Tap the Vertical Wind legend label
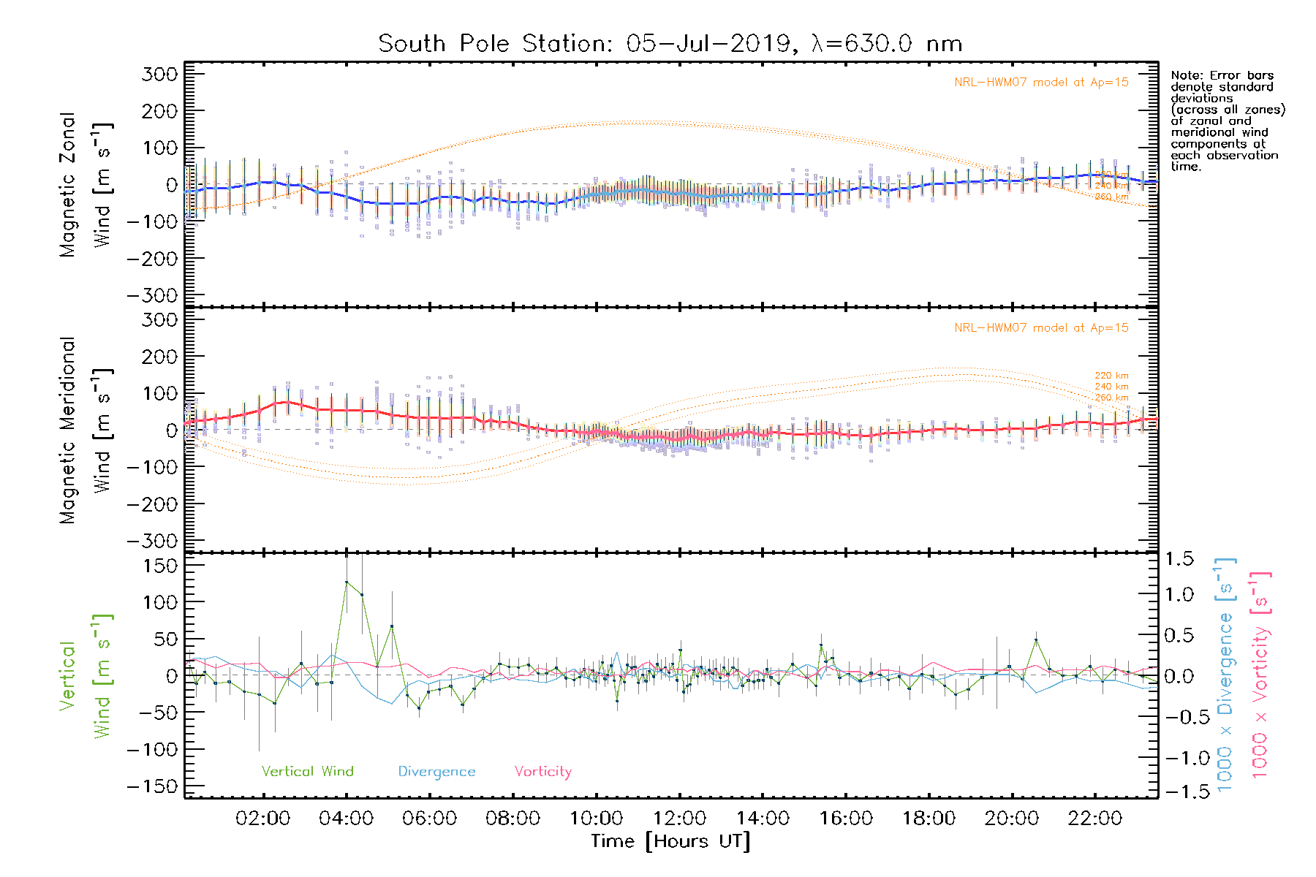point(307,771)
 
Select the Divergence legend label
point(436,771)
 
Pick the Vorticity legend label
point(542,771)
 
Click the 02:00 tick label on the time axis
point(262,818)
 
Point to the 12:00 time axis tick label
point(679,818)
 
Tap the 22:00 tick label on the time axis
point(1094,818)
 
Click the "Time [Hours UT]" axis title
point(670,841)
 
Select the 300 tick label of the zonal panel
point(160,74)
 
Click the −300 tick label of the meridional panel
point(153,541)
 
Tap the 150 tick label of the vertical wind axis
point(160,565)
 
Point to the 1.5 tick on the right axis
point(1179,559)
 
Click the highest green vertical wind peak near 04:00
point(347,582)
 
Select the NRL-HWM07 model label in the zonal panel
point(1041,83)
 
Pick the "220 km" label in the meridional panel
point(1111,376)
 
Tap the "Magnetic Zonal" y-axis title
point(67,185)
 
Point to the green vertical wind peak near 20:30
point(1035,640)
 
